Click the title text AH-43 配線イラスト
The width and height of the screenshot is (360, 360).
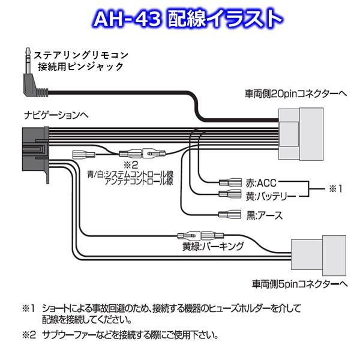[x=188, y=19]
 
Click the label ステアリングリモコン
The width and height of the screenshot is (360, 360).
[x=81, y=55]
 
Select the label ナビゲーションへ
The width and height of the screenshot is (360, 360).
[x=56, y=115]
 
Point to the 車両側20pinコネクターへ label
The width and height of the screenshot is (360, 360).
[x=296, y=94]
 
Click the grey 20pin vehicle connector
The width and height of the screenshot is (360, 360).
[x=301, y=134]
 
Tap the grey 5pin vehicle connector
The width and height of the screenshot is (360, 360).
[x=319, y=256]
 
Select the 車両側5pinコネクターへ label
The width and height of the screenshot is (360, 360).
[x=300, y=284]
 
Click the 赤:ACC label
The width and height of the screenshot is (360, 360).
[x=261, y=183]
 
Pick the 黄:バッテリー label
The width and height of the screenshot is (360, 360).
[x=271, y=197]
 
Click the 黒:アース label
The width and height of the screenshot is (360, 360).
[x=264, y=215]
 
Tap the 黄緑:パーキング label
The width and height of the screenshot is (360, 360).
[x=213, y=247]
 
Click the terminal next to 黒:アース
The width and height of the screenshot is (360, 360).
[x=230, y=215]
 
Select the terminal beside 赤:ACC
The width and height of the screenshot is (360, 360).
[x=230, y=183]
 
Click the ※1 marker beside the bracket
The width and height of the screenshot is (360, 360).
[x=335, y=189]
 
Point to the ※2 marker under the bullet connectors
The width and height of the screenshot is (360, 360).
[x=131, y=165]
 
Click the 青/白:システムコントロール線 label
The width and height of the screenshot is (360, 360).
[x=130, y=175]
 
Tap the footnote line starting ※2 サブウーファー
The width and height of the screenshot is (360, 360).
[x=120, y=335]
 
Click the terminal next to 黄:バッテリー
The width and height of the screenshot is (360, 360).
[x=230, y=194]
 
